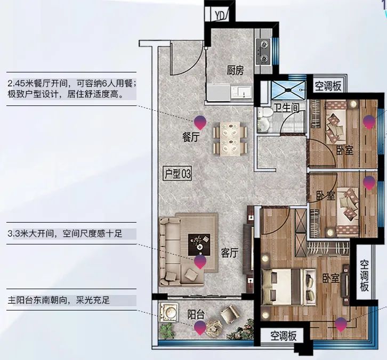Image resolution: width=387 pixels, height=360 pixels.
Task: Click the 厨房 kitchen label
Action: tap(235, 70)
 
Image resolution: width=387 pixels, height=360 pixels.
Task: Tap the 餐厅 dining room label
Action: tap(191, 137)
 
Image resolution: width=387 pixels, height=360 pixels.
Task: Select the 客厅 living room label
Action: tap(230, 253)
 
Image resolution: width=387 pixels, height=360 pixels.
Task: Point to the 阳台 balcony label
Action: tap(196, 315)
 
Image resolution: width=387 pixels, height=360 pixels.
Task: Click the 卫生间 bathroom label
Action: tap(287, 108)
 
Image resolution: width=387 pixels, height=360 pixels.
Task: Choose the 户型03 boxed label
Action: tap(178, 174)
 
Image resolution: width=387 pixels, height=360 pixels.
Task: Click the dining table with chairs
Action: tap(230, 139)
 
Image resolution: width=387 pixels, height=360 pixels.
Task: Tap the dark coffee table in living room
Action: tap(199, 245)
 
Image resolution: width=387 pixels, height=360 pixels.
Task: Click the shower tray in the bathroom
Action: tap(288, 90)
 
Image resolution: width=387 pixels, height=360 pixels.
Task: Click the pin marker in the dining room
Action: tap(200, 122)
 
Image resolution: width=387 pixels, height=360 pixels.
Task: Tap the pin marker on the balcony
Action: tap(200, 328)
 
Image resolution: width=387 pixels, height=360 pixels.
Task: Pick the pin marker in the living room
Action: tap(200, 262)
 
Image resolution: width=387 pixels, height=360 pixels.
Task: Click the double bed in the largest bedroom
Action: tap(289, 287)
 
